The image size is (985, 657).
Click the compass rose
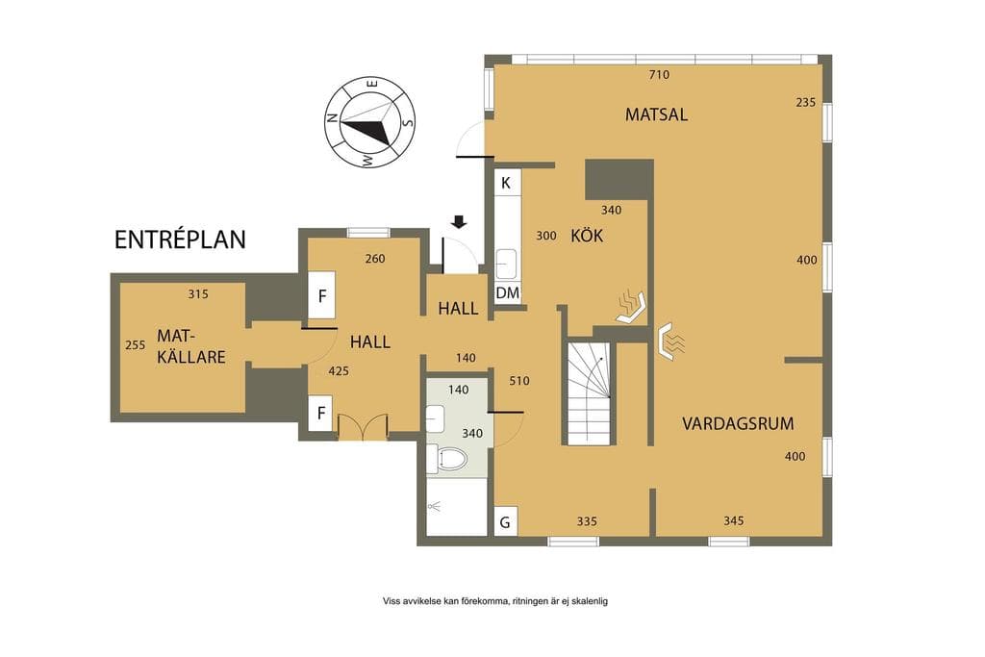369,123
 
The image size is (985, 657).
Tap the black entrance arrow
459,221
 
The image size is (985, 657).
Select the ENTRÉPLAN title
180,240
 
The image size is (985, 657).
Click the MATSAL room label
656,114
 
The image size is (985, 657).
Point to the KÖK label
587,236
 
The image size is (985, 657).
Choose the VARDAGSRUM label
738,423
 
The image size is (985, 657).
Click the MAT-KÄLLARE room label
190,346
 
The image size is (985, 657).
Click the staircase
589,393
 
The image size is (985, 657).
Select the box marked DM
508,292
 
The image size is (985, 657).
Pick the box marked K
506,183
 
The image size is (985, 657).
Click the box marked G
505,522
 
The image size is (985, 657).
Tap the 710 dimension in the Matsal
658,75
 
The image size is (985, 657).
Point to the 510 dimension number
519,381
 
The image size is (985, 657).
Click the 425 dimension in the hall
339,371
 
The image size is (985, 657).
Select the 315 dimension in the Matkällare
198,294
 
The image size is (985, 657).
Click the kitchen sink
506,264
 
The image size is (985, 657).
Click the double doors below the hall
363,427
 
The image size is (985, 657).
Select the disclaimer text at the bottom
495,601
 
